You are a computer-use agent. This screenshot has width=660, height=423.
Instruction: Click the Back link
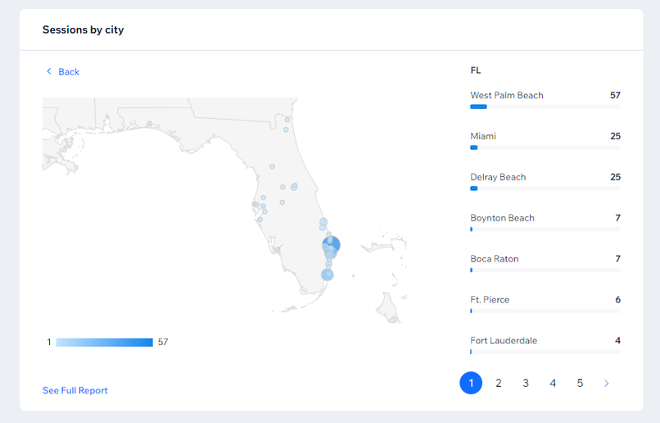[63, 71]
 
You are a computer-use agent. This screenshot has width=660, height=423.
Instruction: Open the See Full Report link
[75, 390]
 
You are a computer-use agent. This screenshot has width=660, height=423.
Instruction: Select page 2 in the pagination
[499, 383]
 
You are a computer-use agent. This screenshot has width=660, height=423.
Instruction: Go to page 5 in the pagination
[580, 383]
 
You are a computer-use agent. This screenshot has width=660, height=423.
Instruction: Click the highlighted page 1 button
[471, 383]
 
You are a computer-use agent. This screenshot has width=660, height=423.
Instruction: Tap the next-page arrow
[607, 383]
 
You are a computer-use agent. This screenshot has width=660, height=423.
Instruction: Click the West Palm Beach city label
[507, 95]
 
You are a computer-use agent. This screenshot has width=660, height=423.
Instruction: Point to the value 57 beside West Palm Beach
[615, 95]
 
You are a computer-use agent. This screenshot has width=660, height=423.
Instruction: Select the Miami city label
[483, 136]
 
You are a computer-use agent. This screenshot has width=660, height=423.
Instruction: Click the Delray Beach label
[498, 177]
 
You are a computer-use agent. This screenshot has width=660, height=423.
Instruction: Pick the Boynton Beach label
[502, 218]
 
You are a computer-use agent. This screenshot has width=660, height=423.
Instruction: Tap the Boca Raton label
[494, 259]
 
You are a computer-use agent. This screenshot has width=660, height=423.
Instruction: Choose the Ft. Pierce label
[490, 299]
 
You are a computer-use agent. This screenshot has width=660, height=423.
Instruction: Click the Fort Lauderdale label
[504, 340]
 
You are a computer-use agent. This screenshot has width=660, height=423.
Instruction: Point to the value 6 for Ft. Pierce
[618, 299]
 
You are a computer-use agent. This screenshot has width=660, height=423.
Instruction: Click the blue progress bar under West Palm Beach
[478, 107]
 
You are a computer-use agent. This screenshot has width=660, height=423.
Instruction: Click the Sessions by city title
[83, 30]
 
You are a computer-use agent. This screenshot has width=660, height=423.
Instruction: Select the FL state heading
[476, 70]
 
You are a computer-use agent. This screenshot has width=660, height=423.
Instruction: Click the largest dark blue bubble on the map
[332, 245]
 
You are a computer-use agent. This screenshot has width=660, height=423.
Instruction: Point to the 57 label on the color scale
[163, 342]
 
